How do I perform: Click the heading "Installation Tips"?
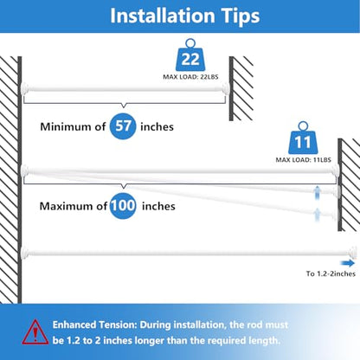pos(185,16)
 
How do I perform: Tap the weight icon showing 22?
pos(190,56)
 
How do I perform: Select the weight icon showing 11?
pos(303,138)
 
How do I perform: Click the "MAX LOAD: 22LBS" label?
pos(190,77)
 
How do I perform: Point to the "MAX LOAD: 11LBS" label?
pos(304,160)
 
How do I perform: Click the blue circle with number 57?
pos(123,126)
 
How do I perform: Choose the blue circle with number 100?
pos(123,206)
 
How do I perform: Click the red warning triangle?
pos(35,332)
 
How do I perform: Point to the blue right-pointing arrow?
pos(348,263)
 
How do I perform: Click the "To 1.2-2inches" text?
pos(331,273)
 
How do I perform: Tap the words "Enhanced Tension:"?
pos(94,325)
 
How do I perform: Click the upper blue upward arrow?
pos(317,192)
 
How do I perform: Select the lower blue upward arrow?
pos(317,215)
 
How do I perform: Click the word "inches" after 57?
pos(157,126)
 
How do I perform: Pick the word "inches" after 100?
pos(158,206)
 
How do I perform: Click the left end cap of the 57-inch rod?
pos(24,88)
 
